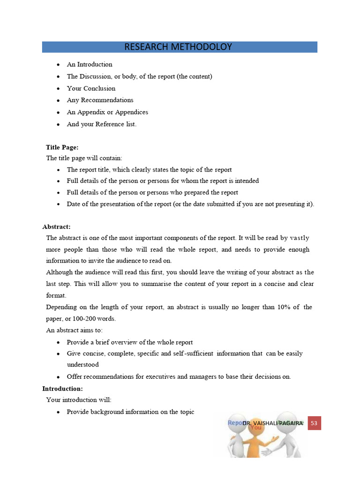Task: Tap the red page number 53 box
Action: pos(314,423)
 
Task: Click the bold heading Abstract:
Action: pos(56,226)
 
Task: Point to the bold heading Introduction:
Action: pos(62,389)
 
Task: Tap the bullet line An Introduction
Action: pos(90,64)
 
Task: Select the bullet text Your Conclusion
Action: pos(91,88)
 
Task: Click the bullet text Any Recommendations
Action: pos(100,100)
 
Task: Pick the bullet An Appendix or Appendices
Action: pos(107,112)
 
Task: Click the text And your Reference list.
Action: pos(102,124)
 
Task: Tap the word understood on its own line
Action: pos(82,364)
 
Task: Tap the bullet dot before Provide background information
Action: pos(58,412)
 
